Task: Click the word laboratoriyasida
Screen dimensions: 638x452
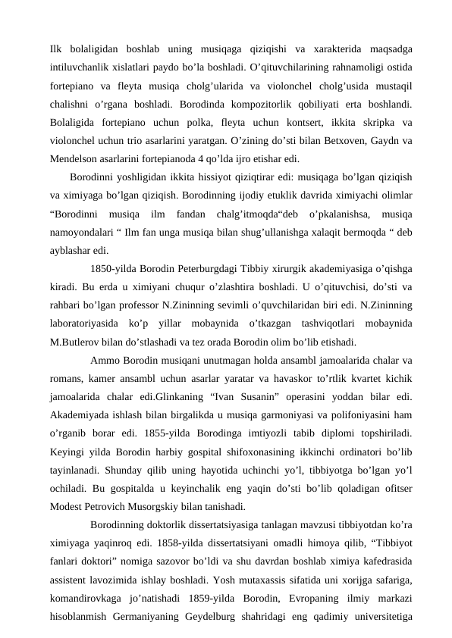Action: (85, 324)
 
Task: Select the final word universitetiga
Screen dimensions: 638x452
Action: (375, 613)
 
